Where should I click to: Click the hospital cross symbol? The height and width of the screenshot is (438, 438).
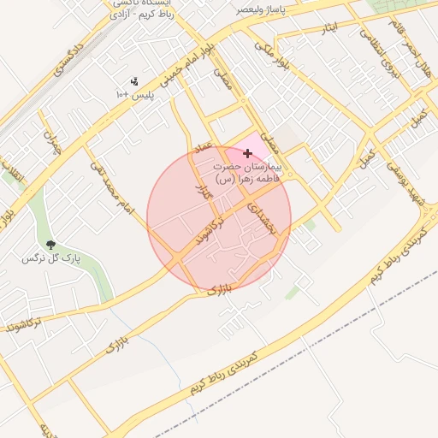point(248,153)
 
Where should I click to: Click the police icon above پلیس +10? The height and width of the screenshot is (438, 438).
point(133,82)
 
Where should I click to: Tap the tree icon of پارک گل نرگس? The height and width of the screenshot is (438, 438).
point(50,245)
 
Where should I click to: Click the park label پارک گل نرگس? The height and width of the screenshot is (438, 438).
point(45,257)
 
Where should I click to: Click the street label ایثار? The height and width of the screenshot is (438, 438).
point(328,29)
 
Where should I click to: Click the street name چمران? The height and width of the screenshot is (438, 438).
point(52,140)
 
